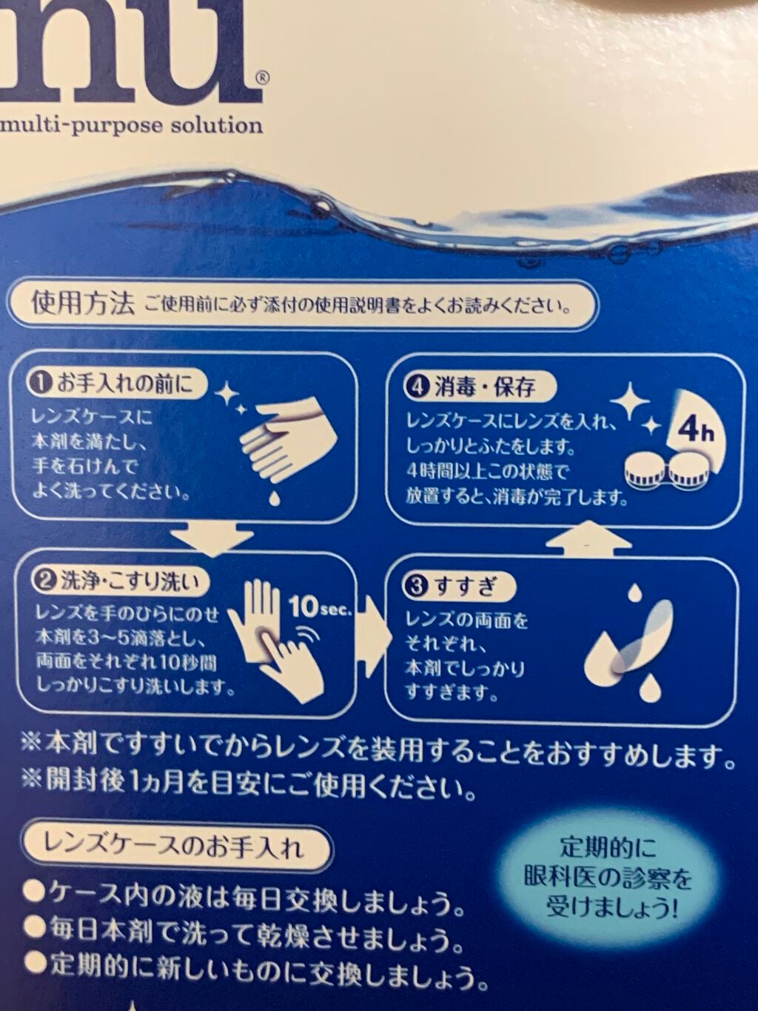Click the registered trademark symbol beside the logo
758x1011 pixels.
[x=261, y=79]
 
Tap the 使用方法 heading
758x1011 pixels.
[x=83, y=306]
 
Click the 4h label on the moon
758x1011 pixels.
[x=695, y=432]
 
